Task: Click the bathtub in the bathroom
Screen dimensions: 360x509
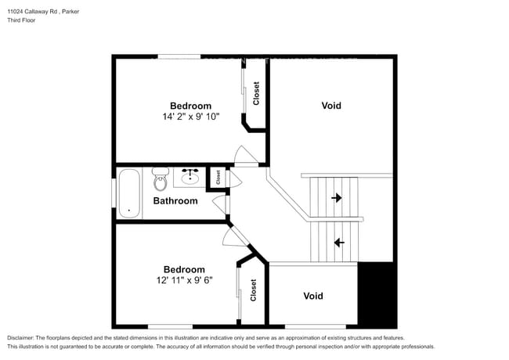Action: point(128,193)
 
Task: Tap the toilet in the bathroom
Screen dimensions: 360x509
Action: point(161,179)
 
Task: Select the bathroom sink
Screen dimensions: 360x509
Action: point(190,177)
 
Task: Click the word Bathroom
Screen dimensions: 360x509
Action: point(175,201)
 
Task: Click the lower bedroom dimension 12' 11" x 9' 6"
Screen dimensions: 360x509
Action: point(184,279)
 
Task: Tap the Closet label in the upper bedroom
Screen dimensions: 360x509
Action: point(256,95)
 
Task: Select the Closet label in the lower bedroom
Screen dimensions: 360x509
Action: point(254,291)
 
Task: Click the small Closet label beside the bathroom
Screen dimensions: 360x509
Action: point(218,178)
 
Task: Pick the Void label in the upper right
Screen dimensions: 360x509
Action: point(331,106)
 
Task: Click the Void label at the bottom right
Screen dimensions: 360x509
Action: point(313,296)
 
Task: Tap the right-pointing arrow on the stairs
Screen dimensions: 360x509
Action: point(337,198)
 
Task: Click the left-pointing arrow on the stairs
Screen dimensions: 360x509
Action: point(338,243)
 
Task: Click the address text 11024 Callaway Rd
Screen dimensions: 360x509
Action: point(35,12)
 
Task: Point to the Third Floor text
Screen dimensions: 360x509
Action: point(21,20)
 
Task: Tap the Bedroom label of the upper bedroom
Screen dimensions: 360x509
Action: point(190,106)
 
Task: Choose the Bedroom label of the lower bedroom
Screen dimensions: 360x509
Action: point(184,269)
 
